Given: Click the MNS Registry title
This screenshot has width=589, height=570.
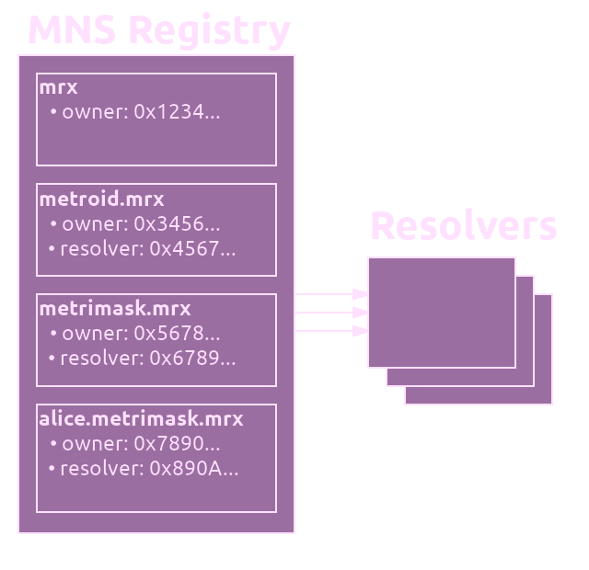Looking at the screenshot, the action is coord(159,30).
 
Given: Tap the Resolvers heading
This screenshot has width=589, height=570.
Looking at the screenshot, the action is coord(464,226).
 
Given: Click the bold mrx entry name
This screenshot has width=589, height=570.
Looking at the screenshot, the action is coord(58,88).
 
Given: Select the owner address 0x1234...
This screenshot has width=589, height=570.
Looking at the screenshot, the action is coord(177,112).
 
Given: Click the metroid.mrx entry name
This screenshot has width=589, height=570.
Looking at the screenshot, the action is coord(101,199).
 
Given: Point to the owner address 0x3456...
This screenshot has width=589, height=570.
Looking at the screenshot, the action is coord(177,224).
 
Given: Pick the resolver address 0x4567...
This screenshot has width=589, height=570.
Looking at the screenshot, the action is coord(192,249).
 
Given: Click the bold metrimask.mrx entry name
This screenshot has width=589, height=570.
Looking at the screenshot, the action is coord(115,309).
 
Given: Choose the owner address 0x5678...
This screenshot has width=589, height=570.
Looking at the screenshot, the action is coord(177,333).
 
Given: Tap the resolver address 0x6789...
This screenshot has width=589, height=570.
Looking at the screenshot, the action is coord(192,358).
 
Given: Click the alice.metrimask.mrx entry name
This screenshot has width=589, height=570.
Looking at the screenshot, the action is coord(141,419).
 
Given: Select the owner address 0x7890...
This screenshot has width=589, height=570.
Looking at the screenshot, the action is coord(177,443).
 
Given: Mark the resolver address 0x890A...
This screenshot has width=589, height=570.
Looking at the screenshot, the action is coord(194,468).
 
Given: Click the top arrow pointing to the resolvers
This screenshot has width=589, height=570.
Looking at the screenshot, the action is coord(331,294).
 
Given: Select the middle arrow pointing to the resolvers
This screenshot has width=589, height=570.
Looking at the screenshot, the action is coord(331,313).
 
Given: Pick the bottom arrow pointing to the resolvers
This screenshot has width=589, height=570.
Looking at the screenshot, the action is coord(331,331).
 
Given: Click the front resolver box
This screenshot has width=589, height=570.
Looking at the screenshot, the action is coord(442,313).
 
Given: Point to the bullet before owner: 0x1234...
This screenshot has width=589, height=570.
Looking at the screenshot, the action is coord(53,112).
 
